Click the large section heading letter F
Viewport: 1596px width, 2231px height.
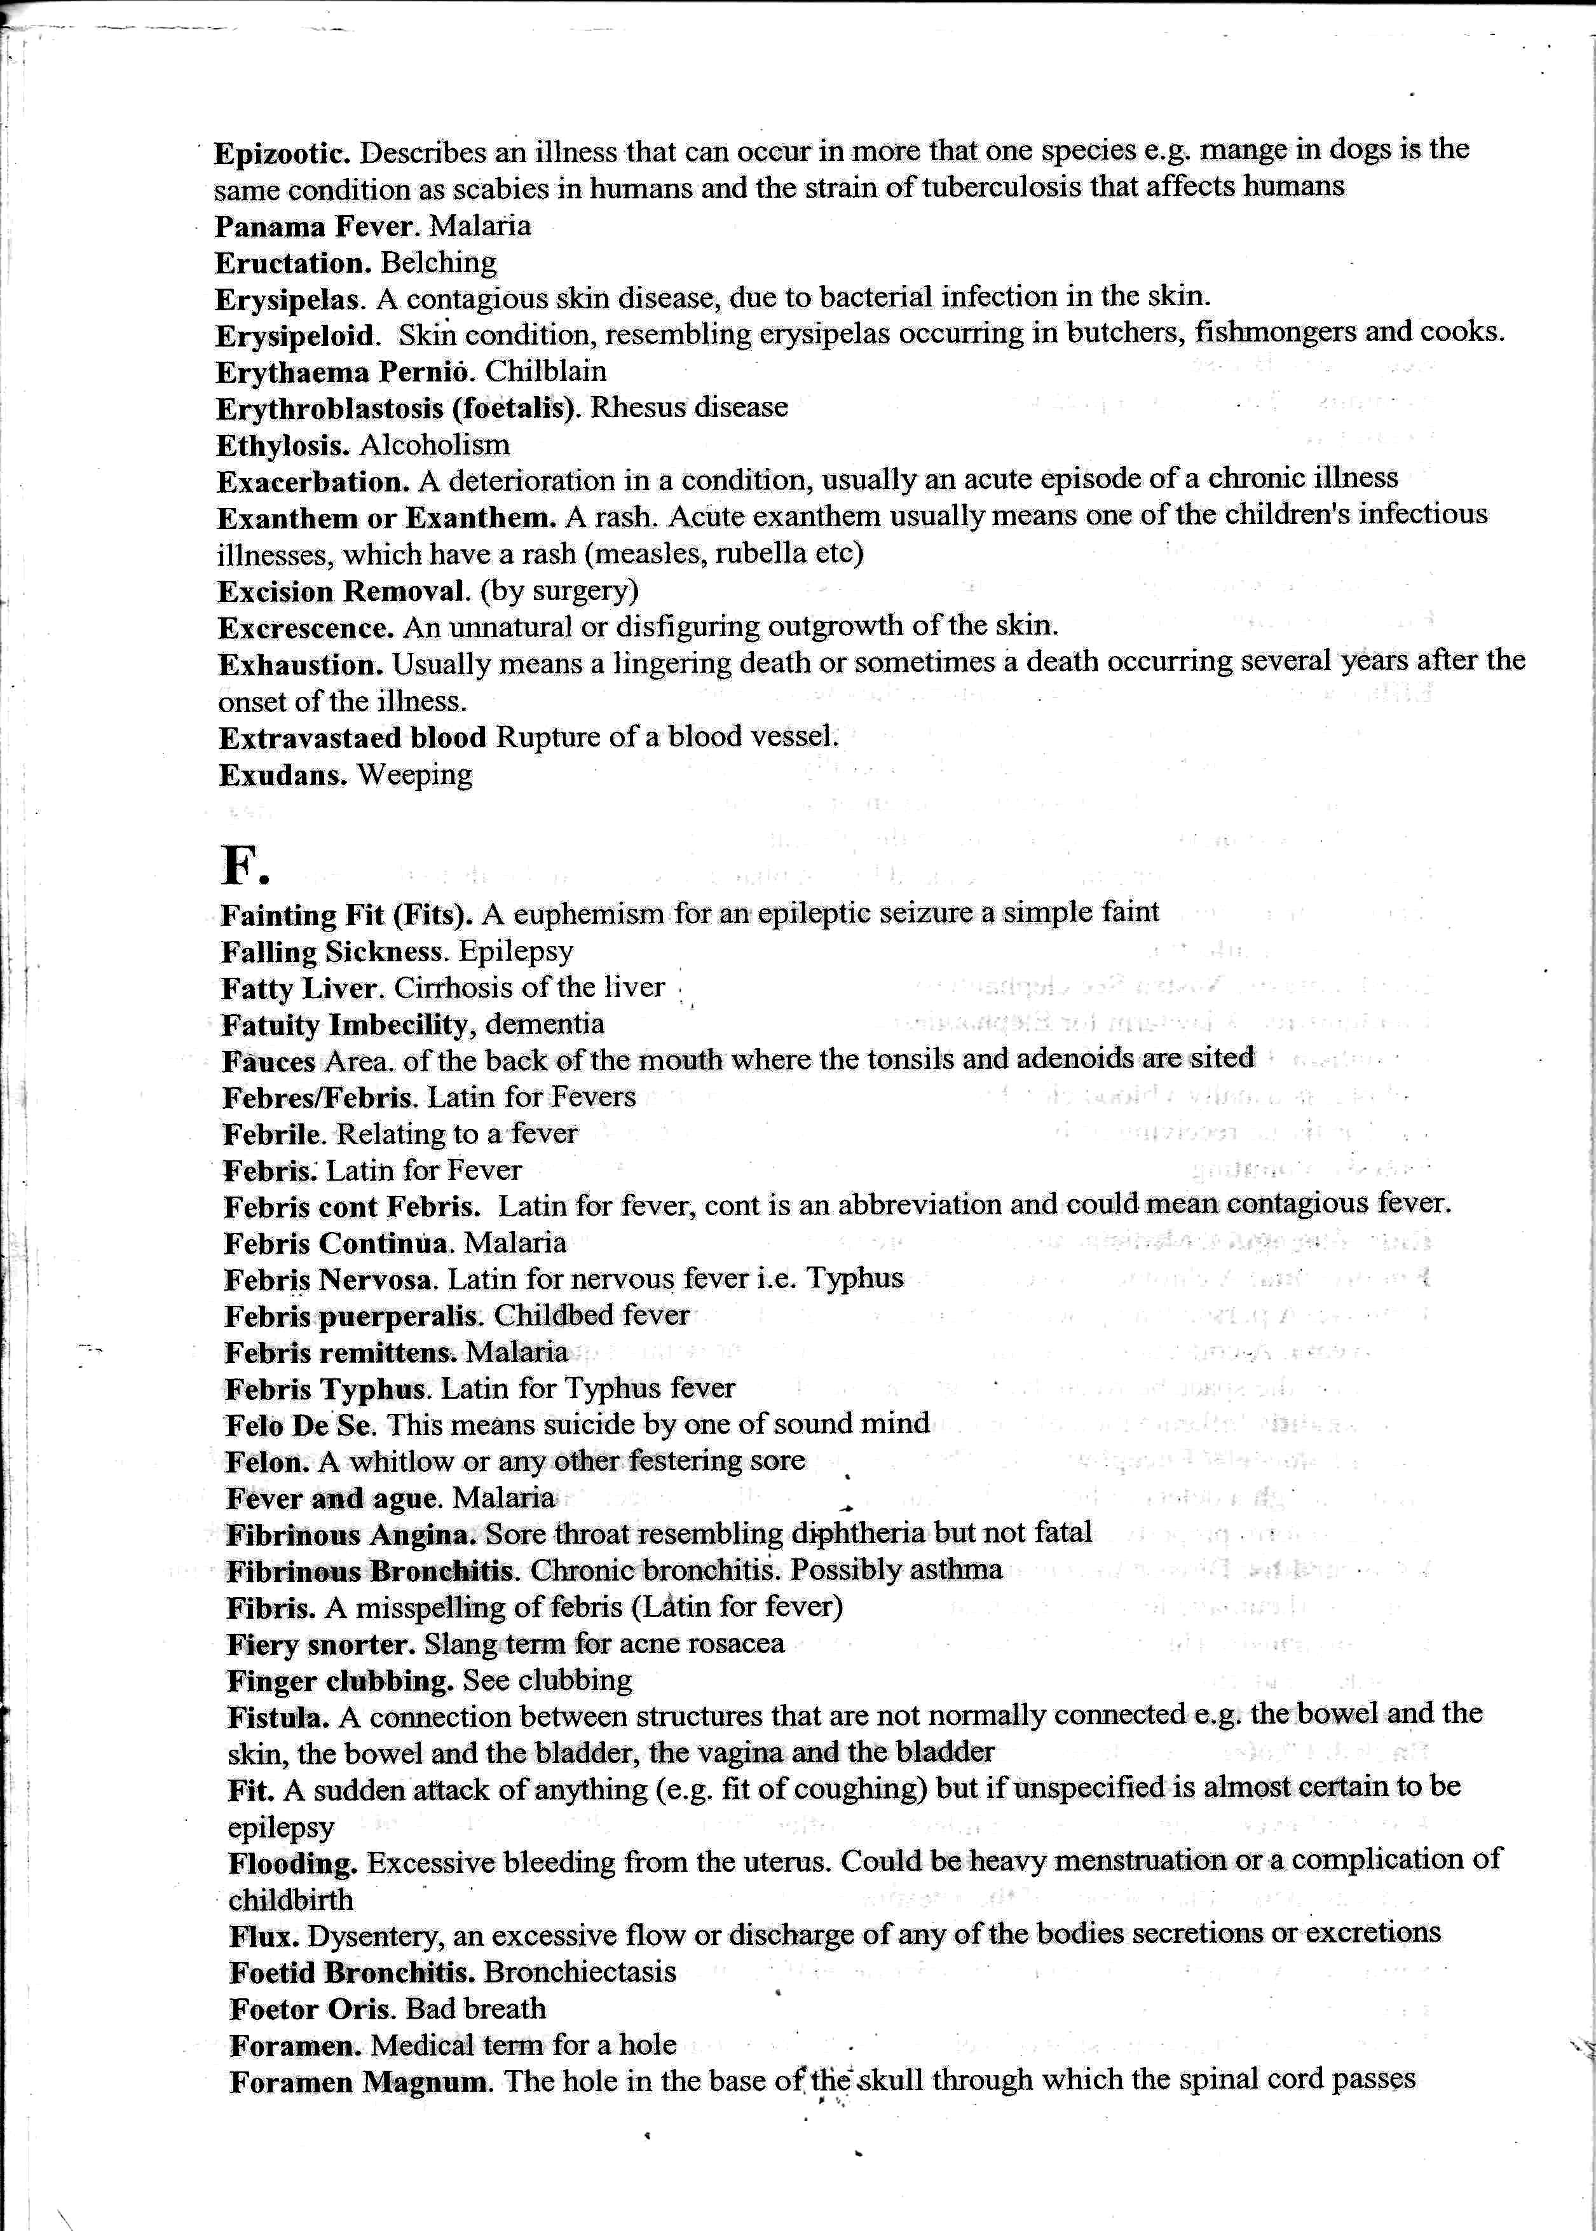tap(243, 865)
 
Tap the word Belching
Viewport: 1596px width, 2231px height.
tap(439, 263)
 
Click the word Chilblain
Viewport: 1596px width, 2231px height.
tap(545, 371)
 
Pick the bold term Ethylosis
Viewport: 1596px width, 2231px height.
tap(283, 445)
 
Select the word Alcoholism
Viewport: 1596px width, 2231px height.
tap(434, 445)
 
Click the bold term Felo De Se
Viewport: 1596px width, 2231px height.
tap(301, 1425)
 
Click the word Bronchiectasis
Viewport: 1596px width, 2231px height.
tap(580, 1972)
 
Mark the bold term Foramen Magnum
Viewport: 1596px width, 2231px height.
tap(360, 2082)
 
